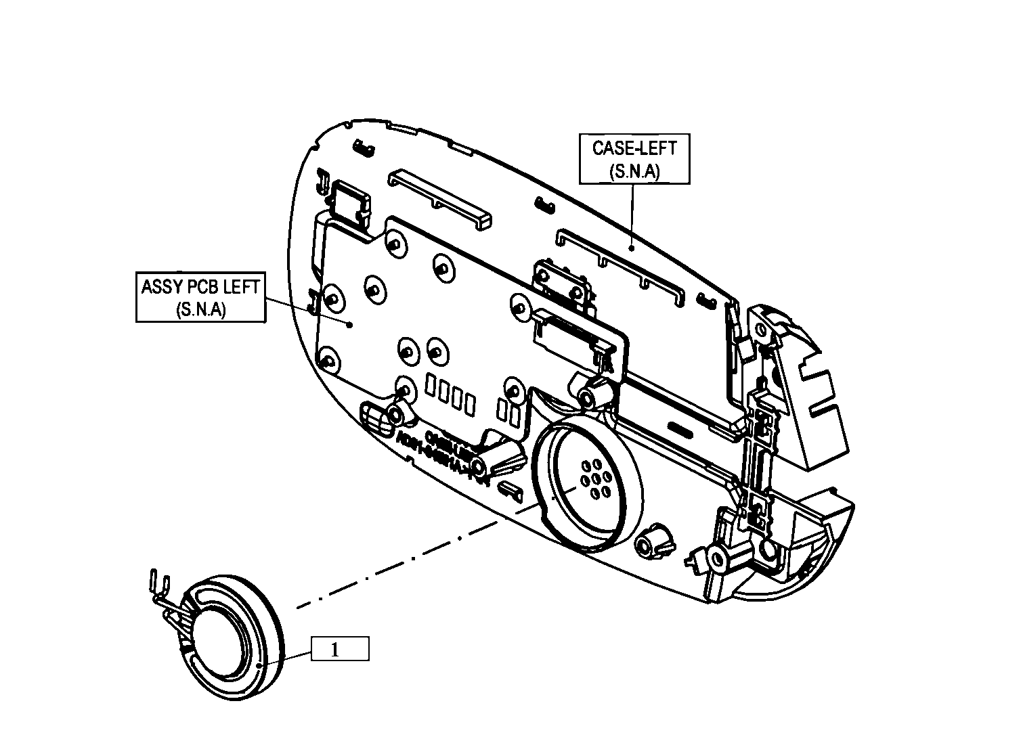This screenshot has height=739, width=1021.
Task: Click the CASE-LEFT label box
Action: tap(634, 158)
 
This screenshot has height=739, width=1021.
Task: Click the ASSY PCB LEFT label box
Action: tap(200, 297)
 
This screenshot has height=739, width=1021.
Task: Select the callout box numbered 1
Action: tap(340, 649)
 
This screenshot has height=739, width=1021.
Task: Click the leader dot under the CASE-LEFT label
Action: tap(631, 248)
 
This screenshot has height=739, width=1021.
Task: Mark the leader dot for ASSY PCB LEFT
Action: tap(349, 325)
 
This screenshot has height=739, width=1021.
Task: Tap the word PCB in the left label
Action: tap(202, 286)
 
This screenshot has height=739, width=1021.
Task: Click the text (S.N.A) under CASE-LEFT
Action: tap(634, 171)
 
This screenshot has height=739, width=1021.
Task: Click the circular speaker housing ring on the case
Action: tap(586, 483)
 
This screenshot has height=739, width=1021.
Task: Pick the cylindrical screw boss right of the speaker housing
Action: tap(653, 541)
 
